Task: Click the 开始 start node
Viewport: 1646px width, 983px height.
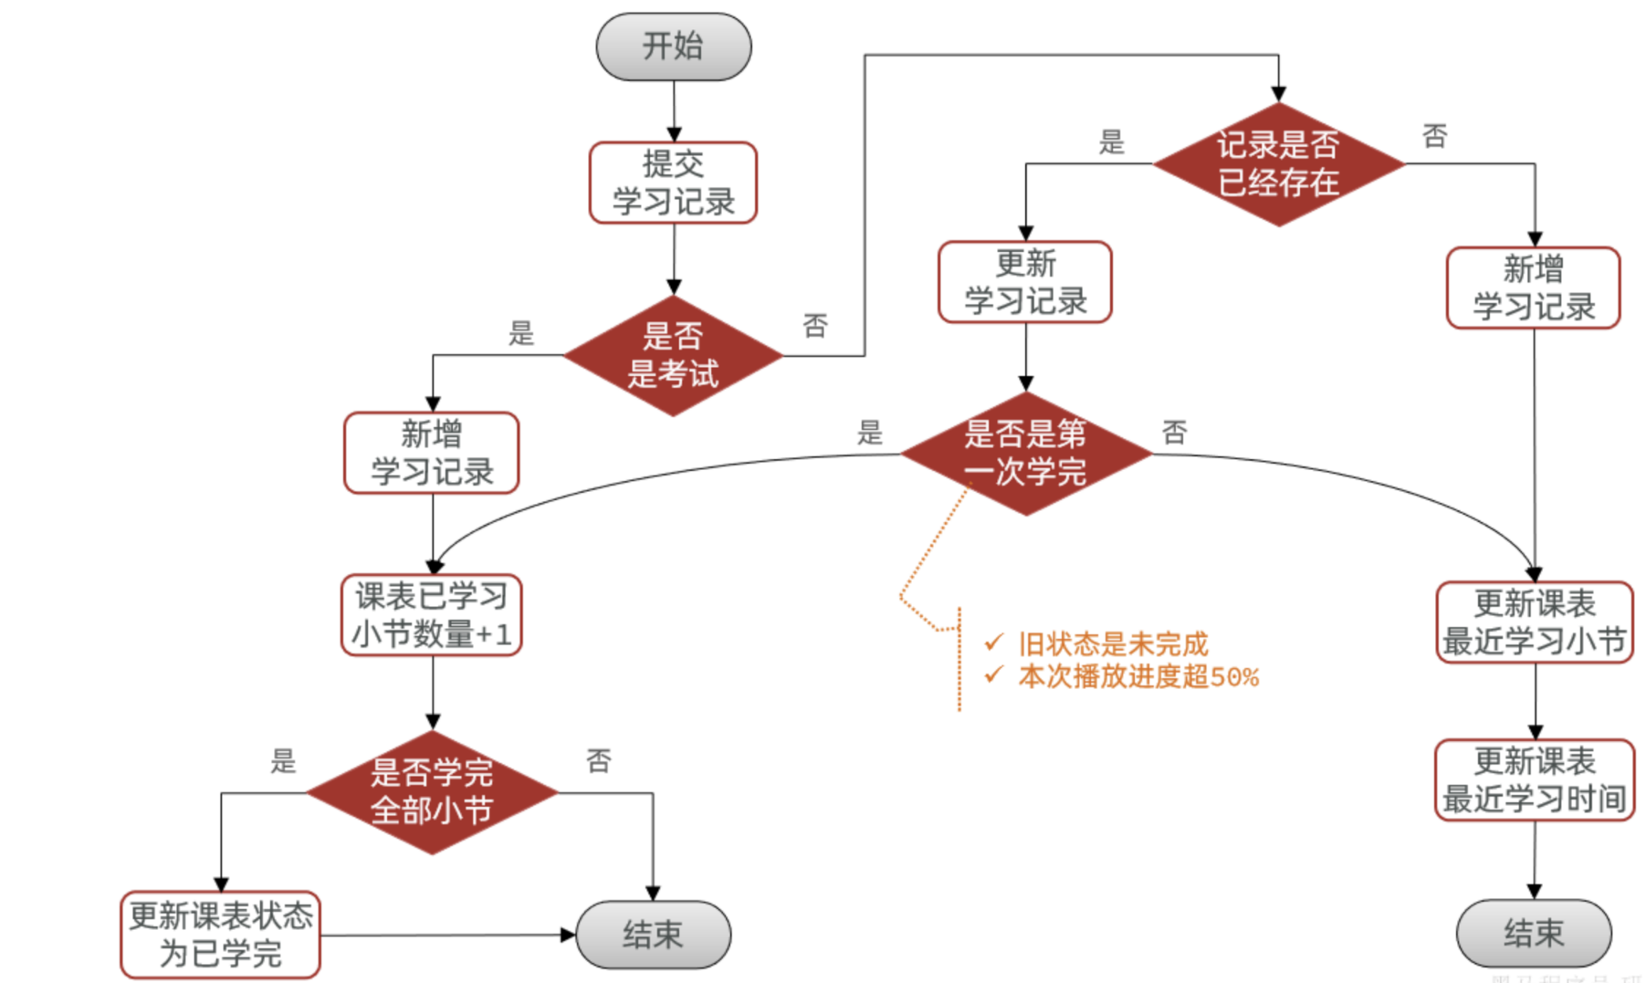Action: coord(674,47)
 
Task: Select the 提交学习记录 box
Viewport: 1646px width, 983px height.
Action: coord(674,183)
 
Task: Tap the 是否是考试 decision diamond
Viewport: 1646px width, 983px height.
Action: coord(674,355)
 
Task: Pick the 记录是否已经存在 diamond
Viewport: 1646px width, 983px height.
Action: coord(1278,163)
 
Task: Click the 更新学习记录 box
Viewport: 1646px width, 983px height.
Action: coord(1025,282)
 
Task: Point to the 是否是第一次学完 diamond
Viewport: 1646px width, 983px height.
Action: coord(1025,453)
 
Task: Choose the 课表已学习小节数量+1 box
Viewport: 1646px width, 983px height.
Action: coord(432,615)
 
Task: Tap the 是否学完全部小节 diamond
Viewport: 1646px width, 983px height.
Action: coord(432,791)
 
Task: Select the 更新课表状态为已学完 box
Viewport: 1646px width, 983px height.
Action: coord(221,935)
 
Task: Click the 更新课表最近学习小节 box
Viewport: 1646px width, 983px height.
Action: coord(1535,622)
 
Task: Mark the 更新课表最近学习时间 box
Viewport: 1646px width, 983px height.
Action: coord(1535,780)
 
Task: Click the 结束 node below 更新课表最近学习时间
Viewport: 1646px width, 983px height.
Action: coord(1534,933)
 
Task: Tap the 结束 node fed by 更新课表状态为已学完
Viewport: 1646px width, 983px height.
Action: coord(653,935)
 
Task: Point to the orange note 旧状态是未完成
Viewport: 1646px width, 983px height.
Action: coord(1113,644)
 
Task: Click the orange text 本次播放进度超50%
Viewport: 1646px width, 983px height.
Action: coord(1138,677)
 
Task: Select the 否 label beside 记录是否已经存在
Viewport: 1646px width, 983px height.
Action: coord(1434,137)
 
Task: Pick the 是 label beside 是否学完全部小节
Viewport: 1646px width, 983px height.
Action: coord(283,760)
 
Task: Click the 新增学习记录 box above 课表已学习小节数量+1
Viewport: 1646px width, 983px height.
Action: coord(432,453)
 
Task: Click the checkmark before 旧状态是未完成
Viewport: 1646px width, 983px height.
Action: coord(994,643)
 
